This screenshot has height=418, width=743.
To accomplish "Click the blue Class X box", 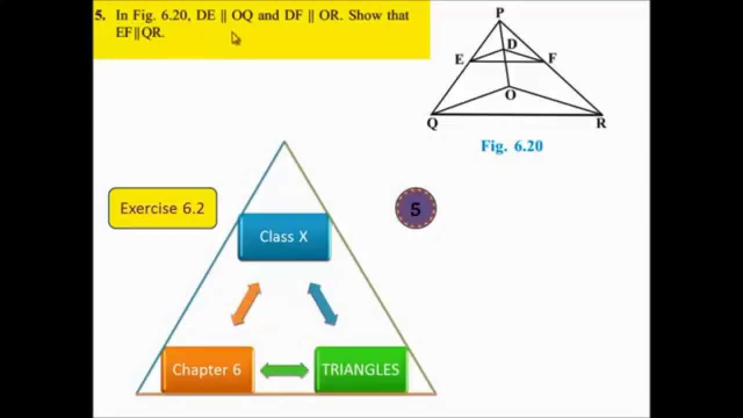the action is tap(284, 237).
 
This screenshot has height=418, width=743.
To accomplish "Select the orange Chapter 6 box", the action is tap(207, 370).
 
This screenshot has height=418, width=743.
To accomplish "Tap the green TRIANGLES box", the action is tap(360, 370).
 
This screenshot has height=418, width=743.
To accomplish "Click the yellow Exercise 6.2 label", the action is tap(163, 208).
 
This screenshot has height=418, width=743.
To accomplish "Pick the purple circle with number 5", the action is tap(416, 208).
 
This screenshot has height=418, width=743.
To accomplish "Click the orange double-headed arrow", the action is tap(246, 304).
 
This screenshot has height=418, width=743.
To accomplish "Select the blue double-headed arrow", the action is tap(323, 304).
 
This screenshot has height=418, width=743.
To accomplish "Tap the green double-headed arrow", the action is tap(284, 370).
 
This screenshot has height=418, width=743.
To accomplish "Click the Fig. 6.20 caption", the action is tap(511, 146).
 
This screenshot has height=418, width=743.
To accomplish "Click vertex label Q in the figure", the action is tap(432, 124).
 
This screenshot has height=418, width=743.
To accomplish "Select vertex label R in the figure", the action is tap(601, 124).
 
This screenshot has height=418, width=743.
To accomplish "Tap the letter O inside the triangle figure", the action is tap(510, 95).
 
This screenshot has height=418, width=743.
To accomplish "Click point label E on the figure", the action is tap(459, 59).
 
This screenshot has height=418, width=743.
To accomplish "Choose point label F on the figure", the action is tap(552, 58).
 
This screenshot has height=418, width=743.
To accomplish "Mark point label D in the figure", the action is tap(511, 44).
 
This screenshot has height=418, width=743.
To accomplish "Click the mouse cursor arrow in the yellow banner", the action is tap(235, 38).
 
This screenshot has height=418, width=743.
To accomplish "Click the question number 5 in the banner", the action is tap(100, 16).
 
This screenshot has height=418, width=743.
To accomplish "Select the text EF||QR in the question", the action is tap(140, 33).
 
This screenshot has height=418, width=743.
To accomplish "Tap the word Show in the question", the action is tap(365, 16).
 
